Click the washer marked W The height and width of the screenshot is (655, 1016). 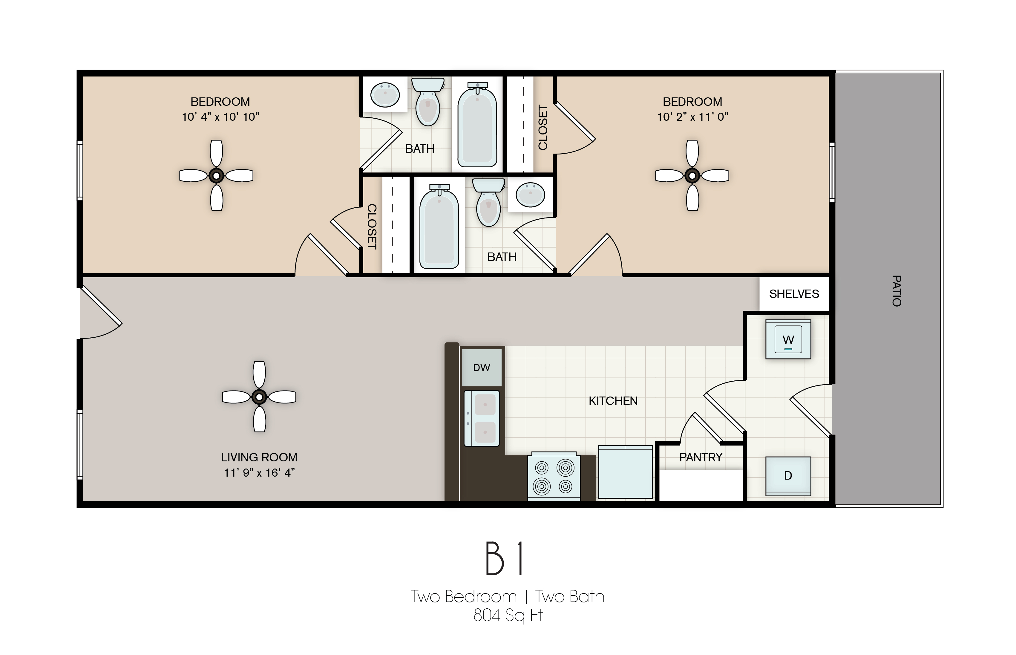(x=788, y=339)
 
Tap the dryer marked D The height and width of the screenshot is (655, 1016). (x=788, y=475)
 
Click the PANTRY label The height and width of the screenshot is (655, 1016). (x=701, y=457)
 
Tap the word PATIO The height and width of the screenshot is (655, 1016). (x=896, y=291)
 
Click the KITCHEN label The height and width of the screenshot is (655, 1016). (x=613, y=401)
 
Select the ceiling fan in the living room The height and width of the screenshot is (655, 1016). (x=259, y=397)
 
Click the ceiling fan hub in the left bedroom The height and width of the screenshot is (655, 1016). (x=216, y=175)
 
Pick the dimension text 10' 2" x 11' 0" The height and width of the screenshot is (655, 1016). (x=692, y=117)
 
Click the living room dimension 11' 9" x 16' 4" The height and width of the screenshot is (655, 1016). (x=259, y=472)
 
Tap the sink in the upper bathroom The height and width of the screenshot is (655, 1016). (x=385, y=94)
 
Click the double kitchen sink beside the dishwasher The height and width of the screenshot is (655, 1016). (x=481, y=418)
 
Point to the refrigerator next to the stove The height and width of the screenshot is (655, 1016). (x=625, y=472)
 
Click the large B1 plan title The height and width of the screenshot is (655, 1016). (x=505, y=559)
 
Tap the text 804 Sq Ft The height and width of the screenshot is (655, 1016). (x=508, y=615)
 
